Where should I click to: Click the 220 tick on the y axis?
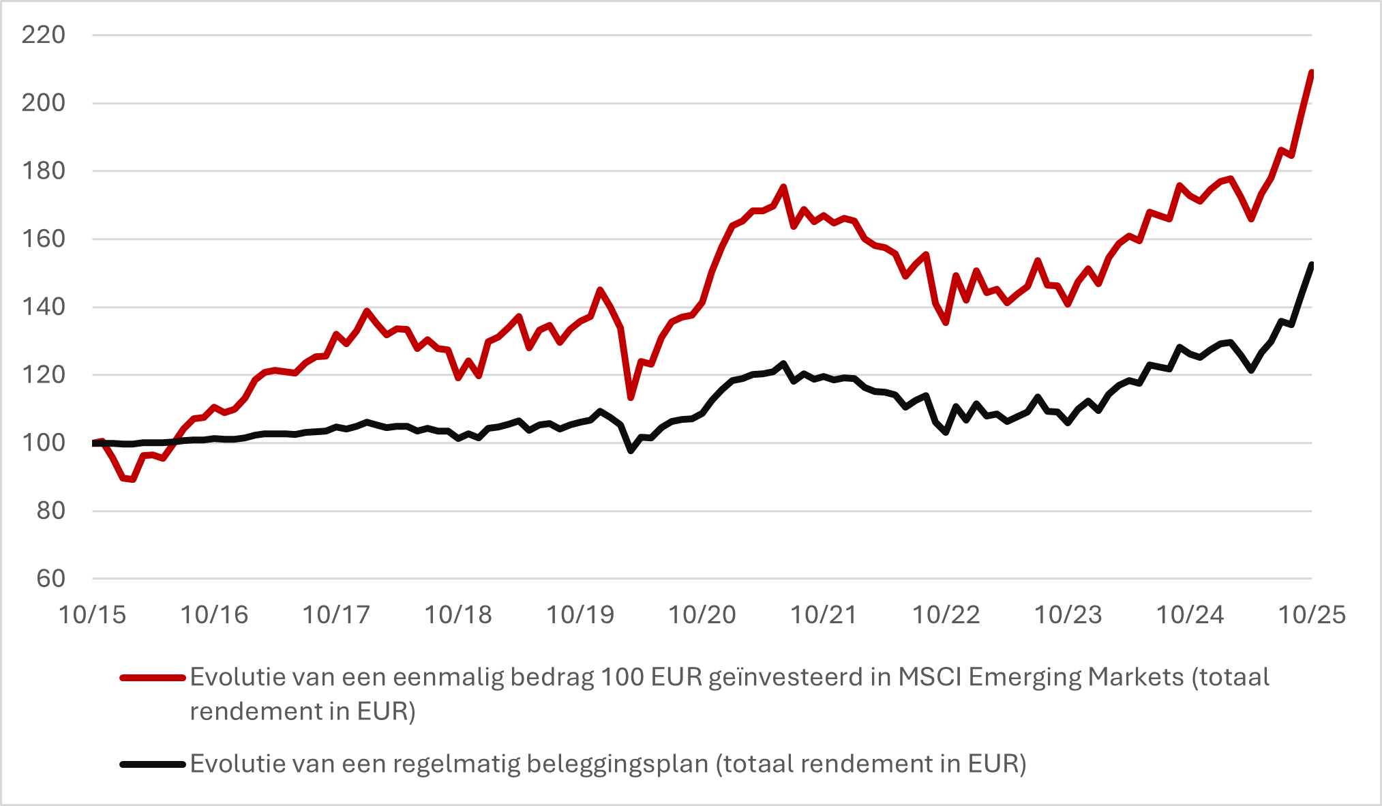43,35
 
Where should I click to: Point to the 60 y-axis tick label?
50,579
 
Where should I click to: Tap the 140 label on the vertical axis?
43,307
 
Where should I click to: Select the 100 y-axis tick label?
43,443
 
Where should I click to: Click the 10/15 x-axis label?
92,615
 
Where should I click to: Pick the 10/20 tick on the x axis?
702,615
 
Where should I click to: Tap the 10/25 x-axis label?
1311,615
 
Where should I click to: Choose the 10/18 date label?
457,615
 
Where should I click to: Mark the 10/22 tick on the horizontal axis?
946,615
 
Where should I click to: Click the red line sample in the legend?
153,678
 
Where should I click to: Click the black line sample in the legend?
153,764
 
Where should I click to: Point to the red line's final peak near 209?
1311,72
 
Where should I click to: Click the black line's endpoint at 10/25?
1311,265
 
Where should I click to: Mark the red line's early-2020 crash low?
631,398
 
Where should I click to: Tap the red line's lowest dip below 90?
132,479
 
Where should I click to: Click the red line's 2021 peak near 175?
783,187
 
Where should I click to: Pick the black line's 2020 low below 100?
631,451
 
